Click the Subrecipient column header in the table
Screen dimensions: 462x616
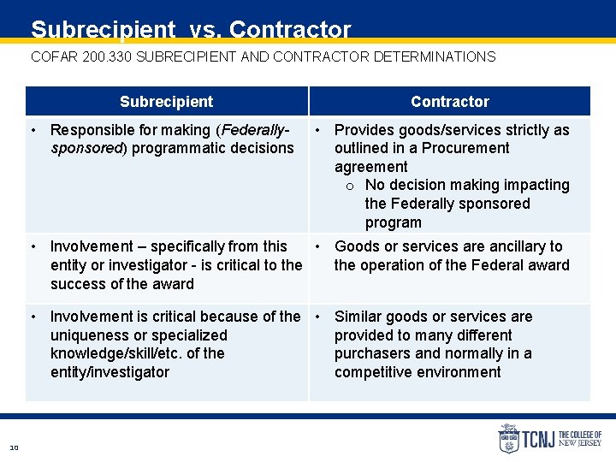pos(166,102)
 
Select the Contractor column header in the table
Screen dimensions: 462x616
pos(449,102)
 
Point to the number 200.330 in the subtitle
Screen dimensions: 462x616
pos(109,57)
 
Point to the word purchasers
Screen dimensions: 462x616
pos(370,353)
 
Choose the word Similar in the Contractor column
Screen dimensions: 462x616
pos(359,317)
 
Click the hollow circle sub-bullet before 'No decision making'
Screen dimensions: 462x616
pos(351,186)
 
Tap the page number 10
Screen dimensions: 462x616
pos(14,447)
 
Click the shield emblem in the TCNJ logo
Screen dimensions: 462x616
pos(508,439)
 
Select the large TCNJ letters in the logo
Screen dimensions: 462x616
pos(539,440)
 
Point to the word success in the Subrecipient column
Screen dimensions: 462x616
pos(77,284)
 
